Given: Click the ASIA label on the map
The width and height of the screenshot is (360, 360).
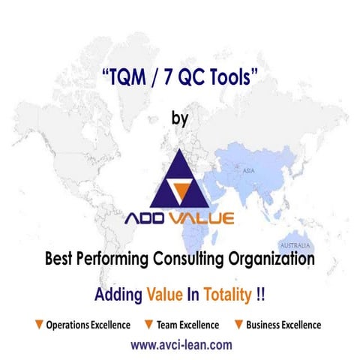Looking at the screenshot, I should (x=248, y=171).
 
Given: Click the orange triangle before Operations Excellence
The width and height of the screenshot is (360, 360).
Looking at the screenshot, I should (x=38, y=325).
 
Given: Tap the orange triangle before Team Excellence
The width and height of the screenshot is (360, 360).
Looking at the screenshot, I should (x=149, y=325).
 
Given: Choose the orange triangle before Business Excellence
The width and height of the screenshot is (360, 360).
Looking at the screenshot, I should (x=238, y=325).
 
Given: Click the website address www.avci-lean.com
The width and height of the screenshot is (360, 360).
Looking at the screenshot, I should (x=181, y=346).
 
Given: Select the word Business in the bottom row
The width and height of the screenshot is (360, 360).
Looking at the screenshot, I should (x=264, y=325).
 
